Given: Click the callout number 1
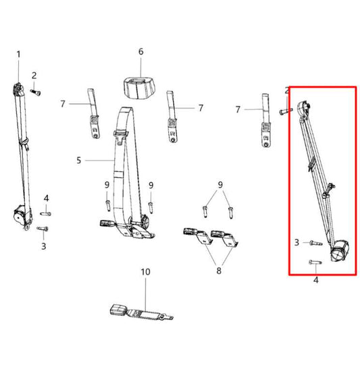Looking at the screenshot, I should [x=18, y=54].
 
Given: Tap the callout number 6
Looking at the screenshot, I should [x=141, y=51].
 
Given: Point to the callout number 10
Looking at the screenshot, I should [x=143, y=272].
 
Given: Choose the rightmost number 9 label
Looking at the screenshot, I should [x=220, y=185].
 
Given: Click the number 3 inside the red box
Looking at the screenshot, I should [x=297, y=241].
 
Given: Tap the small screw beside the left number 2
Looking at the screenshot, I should [x=36, y=90].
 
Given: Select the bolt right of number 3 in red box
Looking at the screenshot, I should [x=311, y=242].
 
